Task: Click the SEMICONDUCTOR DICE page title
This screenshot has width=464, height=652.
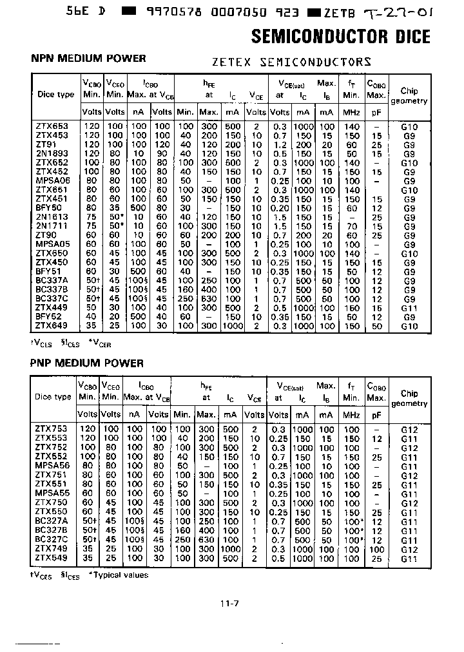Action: [340, 36]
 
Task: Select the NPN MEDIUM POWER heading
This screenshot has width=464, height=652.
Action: [88, 59]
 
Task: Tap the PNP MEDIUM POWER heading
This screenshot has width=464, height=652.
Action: [87, 363]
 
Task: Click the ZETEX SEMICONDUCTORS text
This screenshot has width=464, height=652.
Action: [291, 62]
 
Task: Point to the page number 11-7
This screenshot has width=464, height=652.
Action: [230, 604]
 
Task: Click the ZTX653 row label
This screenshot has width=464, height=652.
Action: [52, 127]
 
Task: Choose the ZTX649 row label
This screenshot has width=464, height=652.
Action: [52, 326]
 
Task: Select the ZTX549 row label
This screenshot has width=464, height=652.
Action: [52, 558]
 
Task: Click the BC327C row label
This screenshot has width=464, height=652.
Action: [52, 539]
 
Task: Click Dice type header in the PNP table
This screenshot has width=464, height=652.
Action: [53, 397]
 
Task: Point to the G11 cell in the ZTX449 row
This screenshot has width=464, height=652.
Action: [409, 308]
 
